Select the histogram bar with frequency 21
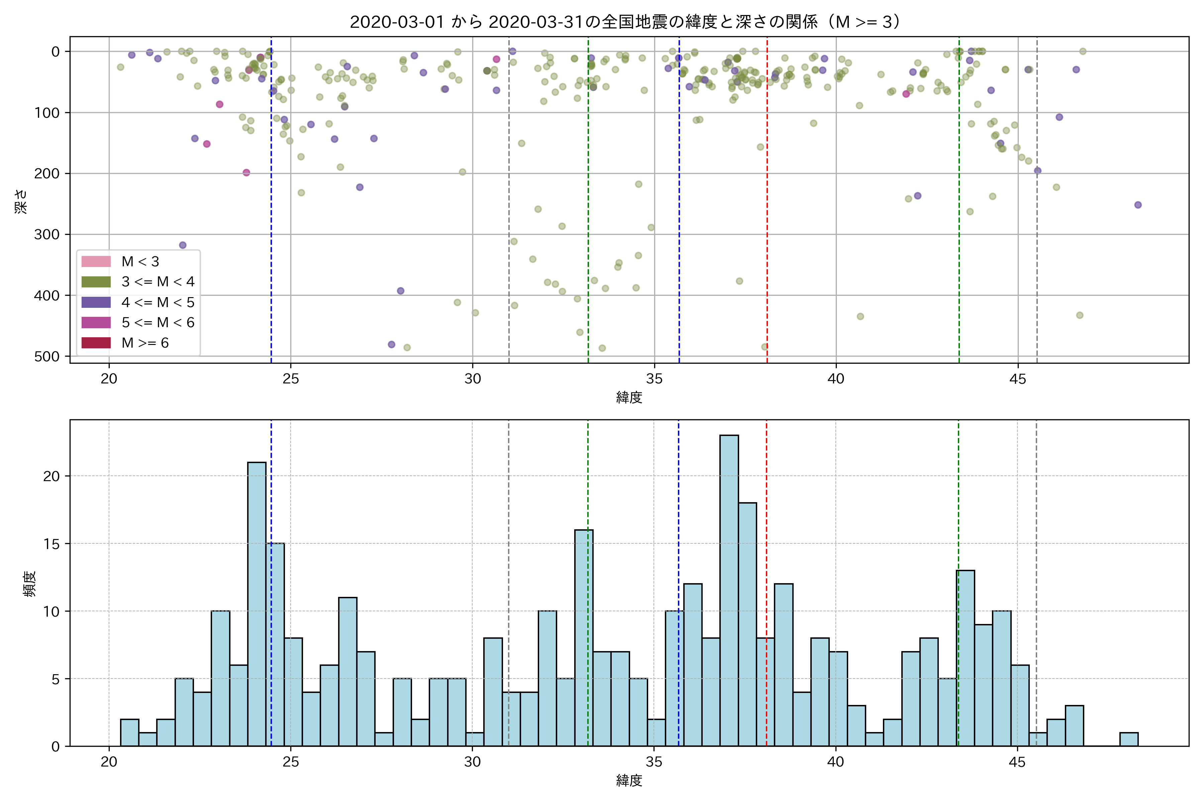[257, 604]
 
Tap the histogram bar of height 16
[584, 638]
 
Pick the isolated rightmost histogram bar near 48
[1129, 739]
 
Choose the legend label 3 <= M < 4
[158, 282]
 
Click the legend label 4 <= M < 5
[158, 302]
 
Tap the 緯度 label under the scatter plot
[629, 397]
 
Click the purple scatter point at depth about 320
[183, 245]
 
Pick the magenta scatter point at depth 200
[246, 173]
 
